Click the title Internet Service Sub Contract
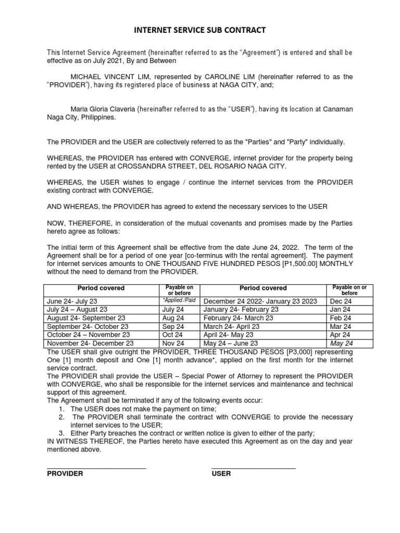pos(200,31)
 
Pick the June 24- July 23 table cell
pos(72,301)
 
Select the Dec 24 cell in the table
pos(337,301)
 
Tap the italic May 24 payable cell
pos(341,344)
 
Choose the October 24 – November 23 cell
pos(88,335)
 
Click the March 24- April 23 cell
pos(231,326)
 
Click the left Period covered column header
pos(101,288)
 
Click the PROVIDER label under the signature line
pos(65,474)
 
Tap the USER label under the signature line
pos(221,474)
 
